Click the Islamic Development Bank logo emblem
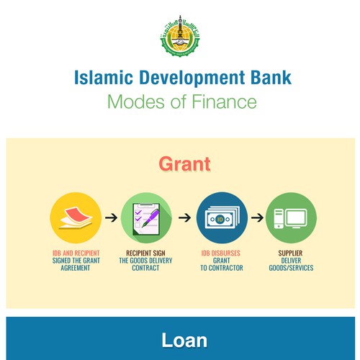tap(180, 36)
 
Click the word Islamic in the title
tap(104, 78)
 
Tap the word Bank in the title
tap(271, 78)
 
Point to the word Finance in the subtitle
tap(224, 102)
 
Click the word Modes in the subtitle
tap(137, 102)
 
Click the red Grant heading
tap(184, 164)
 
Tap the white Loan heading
tap(184, 340)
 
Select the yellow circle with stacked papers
tap(76, 218)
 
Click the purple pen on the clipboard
tap(150, 218)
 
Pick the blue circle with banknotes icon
tap(222, 218)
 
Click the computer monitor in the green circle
tap(296, 218)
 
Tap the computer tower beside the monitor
tap(279, 218)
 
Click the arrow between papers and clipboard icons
tap(111, 217)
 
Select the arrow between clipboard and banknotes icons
tap(184, 217)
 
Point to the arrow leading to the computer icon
tap(257, 217)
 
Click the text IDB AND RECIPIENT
tap(76, 253)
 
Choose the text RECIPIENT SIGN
tap(145, 253)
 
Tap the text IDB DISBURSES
tap(220, 253)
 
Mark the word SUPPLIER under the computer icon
tap(290, 253)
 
